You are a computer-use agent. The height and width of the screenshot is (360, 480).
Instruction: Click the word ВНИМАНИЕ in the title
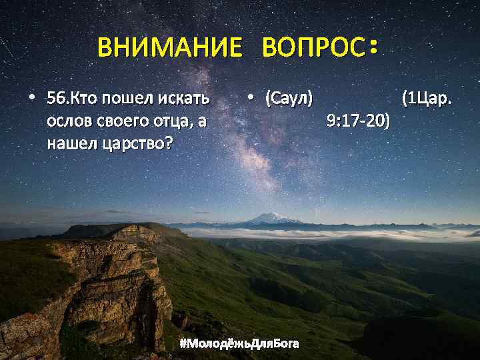(x=169, y=47)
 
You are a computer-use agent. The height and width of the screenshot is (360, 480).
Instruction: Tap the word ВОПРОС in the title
(x=313, y=47)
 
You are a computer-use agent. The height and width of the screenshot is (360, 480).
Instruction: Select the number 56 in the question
(x=55, y=99)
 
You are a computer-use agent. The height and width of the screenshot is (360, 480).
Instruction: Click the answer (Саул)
(x=289, y=99)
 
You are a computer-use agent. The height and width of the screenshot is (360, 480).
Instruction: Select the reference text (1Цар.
(x=427, y=99)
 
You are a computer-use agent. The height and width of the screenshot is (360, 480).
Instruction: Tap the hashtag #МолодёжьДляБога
(x=239, y=343)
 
